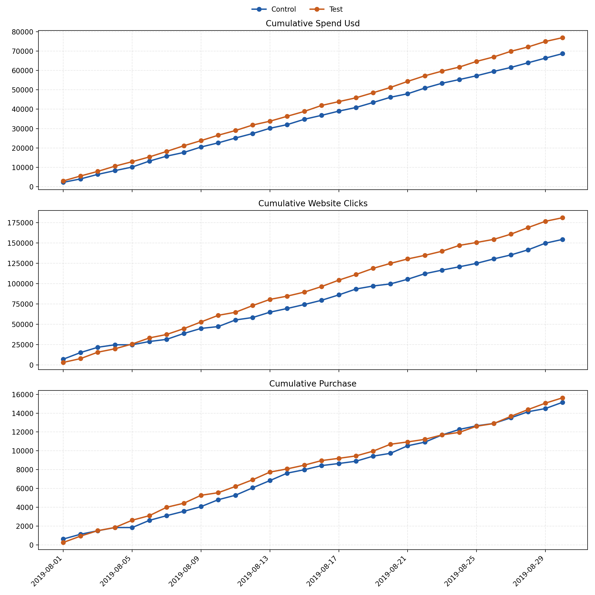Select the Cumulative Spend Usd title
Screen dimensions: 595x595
313,24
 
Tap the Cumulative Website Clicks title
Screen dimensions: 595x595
313,204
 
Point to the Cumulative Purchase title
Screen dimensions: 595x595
313,384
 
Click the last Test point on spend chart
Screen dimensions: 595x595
562,38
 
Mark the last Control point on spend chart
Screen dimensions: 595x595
562,54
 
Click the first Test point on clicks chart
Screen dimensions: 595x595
63,362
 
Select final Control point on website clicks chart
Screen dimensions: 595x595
562,239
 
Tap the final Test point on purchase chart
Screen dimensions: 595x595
562,398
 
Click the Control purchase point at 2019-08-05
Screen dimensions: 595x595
132,528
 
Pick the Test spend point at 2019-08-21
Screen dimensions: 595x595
407,81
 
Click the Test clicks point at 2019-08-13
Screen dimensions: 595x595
270,299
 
